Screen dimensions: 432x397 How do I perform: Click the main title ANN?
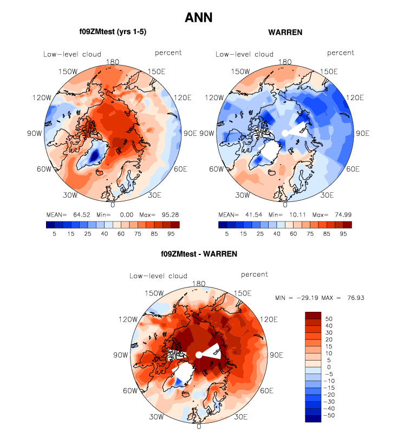pyautogui.click(x=198, y=17)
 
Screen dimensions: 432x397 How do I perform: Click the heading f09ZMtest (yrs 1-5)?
pyautogui.click(x=113, y=32)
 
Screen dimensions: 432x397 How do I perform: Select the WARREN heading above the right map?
pyautogui.click(x=285, y=32)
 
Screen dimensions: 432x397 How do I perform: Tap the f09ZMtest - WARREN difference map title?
pyautogui.click(x=198, y=253)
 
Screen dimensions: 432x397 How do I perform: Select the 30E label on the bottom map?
pyautogui.click(x=241, y=417)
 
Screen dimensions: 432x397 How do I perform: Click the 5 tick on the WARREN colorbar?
pyautogui.click(x=227, y=234)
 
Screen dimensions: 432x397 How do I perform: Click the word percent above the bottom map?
pyautogui.click(x=254, y=274)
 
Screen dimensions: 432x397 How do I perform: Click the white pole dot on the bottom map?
pyautogui.click(x=199, y=355)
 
